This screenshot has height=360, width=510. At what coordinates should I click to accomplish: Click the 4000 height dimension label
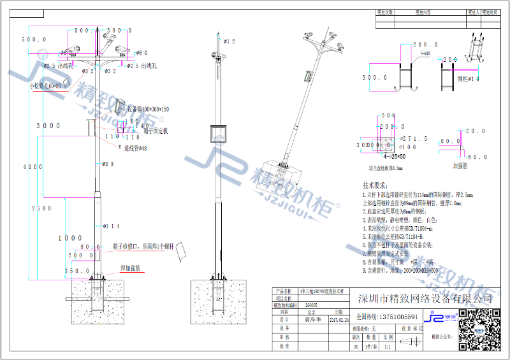point(25,167)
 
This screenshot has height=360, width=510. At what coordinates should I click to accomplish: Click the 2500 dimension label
point(42,208)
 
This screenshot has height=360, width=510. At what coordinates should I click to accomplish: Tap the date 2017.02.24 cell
point(338,321)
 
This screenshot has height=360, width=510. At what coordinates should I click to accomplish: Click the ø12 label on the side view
point(229,41)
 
